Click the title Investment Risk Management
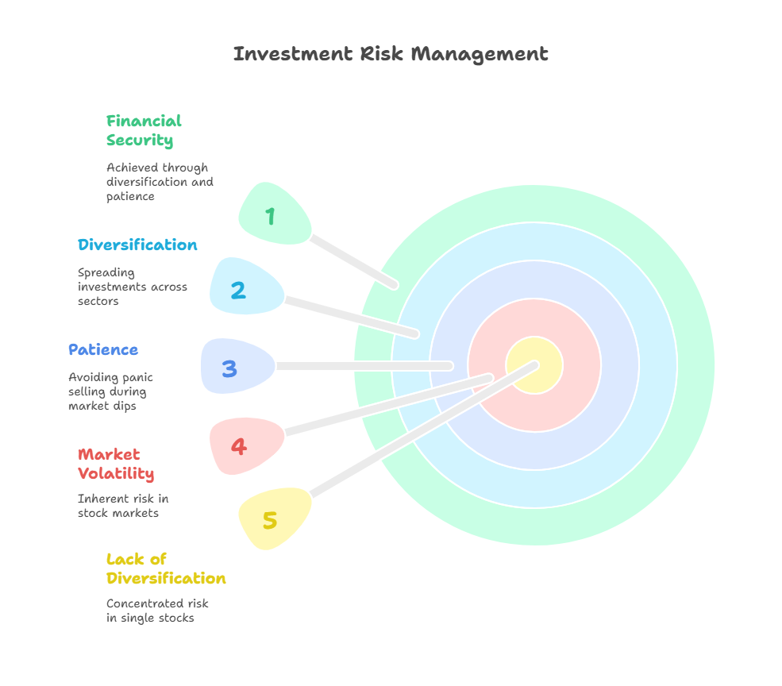[x=391, y=54]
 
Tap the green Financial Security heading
[x=144, y=131]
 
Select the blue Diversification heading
[x=137, y=245]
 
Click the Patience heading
[x=103, y=349]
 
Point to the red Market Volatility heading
[x=116, y=464]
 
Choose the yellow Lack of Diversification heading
[x=166, y=568]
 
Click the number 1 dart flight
[x=275, y=214]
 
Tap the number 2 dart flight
[x=247, y=287]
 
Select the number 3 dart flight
[x=238, y=366]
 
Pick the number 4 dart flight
[x=247, y=445]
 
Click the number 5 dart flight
[x=275, y=518]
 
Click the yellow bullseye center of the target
[x=534, y=365]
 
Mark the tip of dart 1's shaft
[x=395, y=285]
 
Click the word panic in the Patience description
[x=137, y=378]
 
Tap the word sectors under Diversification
[x=98, y=302]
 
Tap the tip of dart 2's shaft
[x=415, y=334]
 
